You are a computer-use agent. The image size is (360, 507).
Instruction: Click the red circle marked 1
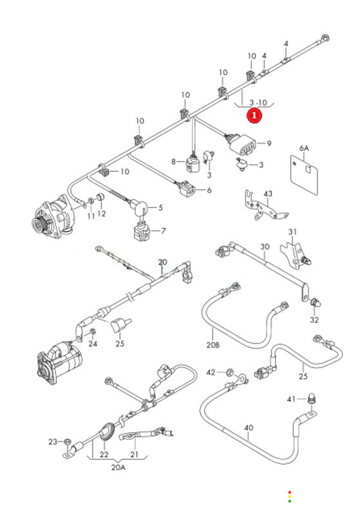click(x=254, y=115)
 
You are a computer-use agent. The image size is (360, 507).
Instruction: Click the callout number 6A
click(x=304, y=148)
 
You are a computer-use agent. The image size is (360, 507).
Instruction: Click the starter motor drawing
click(x=59, y=362)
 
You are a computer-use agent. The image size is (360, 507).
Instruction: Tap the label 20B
click(x=213, y=345)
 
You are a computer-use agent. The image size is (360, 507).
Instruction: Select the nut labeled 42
click(x=230, y=372)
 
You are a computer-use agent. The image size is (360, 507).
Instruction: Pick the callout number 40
click(x=249, y=428)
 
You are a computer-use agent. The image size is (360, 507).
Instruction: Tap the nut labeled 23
click(x=67, y=441)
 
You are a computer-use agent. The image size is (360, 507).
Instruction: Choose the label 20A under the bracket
click(x=118, y=467)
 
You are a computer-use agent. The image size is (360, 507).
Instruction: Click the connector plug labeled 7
click(x=142, y=232)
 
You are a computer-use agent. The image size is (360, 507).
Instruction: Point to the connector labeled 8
click(x=193, y=163)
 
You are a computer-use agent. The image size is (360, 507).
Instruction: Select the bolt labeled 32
click(x=316, y=303)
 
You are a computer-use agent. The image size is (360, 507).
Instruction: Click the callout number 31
click(x=292, y=232)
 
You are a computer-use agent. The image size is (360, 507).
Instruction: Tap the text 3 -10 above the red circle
click(x=258, y=102)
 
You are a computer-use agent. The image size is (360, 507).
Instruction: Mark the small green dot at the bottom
click(x=290, y=501)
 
